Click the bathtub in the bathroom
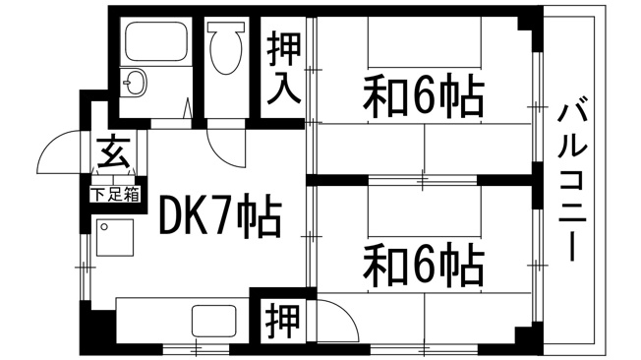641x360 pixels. point(156,41)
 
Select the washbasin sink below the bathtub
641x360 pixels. point(134,83)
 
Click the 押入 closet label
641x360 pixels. point(284,68)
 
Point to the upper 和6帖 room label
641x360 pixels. point(424,94)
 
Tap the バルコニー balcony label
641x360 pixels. point(573,182)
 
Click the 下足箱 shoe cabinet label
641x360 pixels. point(115,195)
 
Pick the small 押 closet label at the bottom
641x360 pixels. point(282,321)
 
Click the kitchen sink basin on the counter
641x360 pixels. point(214,321)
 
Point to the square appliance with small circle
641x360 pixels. point(115,238)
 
